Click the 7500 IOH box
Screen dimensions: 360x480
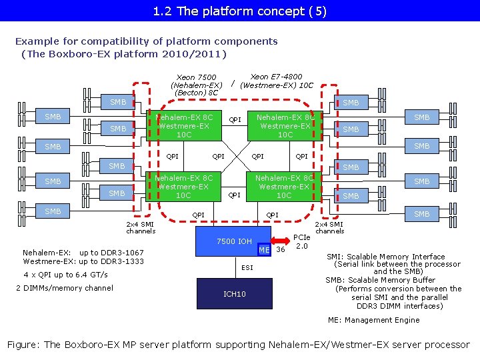tap(234, 241)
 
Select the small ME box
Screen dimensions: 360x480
tap(265, 250)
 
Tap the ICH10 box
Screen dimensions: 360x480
tap(234, 294)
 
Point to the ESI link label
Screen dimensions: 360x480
tap(247, 268)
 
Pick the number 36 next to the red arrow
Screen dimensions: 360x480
tap(281, 251)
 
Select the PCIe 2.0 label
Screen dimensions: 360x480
tap(301, 241)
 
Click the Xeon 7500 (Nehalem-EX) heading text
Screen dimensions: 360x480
tap(196, 85)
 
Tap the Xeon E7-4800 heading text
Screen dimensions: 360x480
tap(276, 81)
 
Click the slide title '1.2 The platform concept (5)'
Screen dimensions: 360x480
tap(239, 11)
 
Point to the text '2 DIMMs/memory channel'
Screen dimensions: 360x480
tap(64, 288)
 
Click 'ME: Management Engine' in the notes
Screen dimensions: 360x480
tap(373, 320)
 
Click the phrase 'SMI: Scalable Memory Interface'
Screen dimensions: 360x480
tap(385, 257)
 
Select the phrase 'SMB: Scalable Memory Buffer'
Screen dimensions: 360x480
tap(381, 280)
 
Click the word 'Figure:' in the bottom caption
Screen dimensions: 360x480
tap(23, 345)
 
